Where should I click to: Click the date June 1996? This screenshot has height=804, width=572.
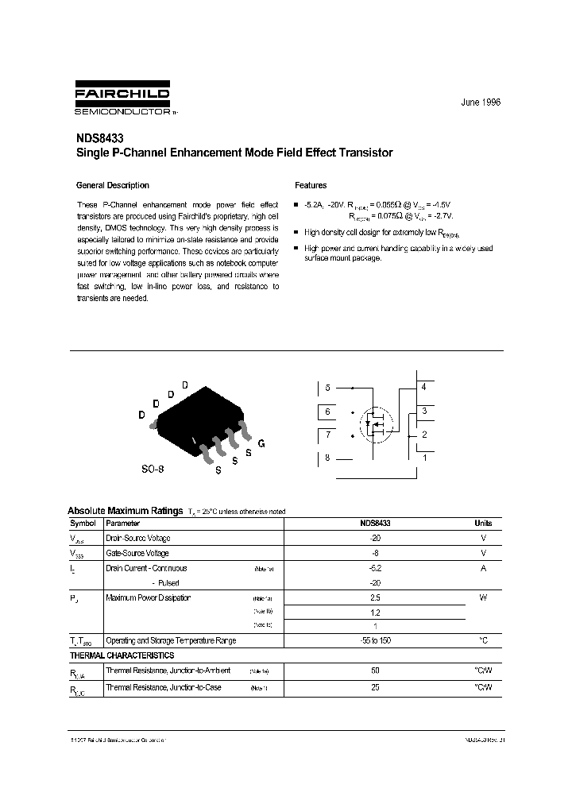pos(481,103)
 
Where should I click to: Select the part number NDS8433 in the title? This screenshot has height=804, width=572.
pos(99,137)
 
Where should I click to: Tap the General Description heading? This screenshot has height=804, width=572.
pos(112,185)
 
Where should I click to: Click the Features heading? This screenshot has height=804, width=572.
pos(311,185)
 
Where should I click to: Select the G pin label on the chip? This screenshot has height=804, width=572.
pos(261,443)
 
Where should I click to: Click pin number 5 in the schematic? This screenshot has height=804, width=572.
pos(327,388)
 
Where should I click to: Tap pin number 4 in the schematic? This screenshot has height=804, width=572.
pos(423,387)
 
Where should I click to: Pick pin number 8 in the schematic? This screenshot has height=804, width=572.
pos(327,458)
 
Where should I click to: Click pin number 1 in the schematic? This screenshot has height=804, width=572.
pos(423,458)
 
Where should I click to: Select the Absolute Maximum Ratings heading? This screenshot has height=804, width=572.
pos(124,511)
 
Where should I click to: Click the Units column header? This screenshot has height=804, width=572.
pos(483,524)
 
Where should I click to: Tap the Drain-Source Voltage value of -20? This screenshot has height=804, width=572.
pos(375,538)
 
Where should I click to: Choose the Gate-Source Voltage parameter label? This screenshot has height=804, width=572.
pos(137,553)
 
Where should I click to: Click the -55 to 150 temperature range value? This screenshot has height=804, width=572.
pos(375,640)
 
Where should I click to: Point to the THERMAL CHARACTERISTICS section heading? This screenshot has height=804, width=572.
pos(122,655)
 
